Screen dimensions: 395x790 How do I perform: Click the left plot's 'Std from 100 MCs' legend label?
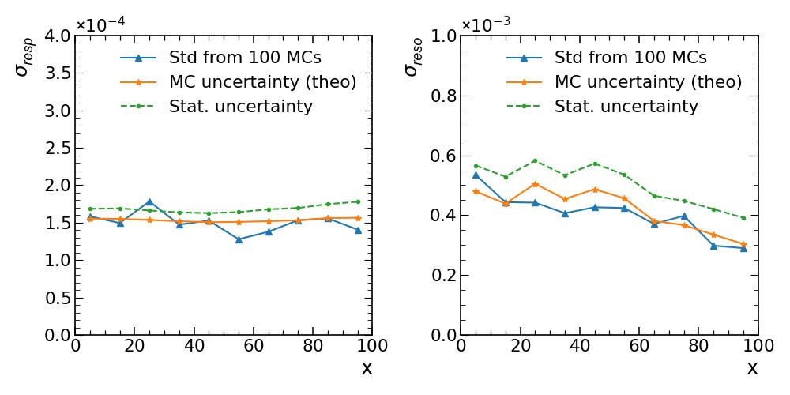click(x=245, y=58)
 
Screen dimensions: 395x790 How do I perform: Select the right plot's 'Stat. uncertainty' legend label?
click(x=626, y=107)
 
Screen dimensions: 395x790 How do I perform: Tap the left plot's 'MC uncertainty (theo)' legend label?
click(x=263, y=82)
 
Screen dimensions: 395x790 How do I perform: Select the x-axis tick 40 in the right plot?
click(x=580, y=347)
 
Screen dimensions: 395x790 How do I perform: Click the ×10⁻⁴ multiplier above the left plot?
click(x=101, y=24)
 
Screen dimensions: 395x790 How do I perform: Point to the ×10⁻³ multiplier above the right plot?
click(x=487, y=24)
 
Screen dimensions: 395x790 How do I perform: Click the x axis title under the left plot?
click(x=367, y=368)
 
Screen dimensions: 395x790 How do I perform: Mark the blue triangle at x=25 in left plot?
click(x=149, y=202)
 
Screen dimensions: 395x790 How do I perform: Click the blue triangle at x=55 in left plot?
click(x=239, y=239)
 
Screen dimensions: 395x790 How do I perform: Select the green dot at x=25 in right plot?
click(x=535, y=160)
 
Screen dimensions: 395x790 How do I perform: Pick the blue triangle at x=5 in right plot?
click(x=476, y=175)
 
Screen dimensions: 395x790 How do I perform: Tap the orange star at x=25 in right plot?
click(x=535, y=184)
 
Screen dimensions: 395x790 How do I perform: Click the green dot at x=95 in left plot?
click(x=358, y=201)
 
